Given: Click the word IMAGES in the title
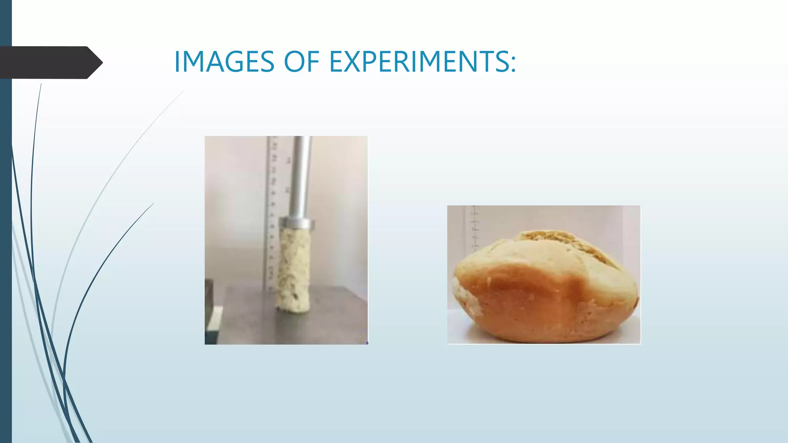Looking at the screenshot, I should (x=224, y=62).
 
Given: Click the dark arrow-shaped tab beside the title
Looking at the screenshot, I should (x=46, y=62).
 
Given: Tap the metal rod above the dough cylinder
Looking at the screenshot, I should (x=302, y=177).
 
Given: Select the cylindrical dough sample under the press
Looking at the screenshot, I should (x=294, y=265).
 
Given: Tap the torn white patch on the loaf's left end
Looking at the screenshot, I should (x=464, y=296).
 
